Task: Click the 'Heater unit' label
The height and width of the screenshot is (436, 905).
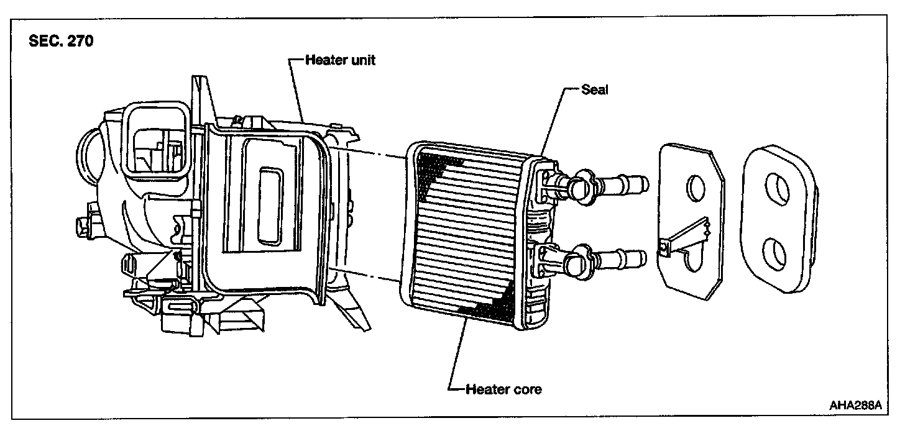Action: point(340,61)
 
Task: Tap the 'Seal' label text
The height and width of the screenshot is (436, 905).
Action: point(594,89)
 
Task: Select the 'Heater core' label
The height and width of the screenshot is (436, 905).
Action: point(503,389)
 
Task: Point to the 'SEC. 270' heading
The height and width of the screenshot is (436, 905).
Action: point(61,43)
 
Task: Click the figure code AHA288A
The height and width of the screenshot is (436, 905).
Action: point(855,406)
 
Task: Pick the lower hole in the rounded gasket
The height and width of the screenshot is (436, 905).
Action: point(778,253)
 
